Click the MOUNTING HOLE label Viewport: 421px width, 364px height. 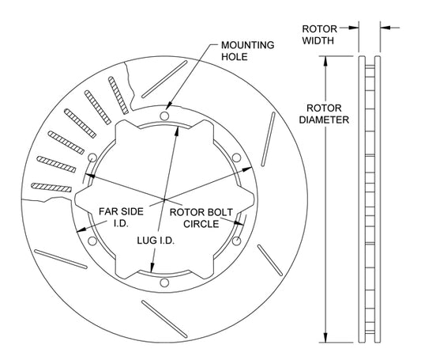pyautogui.click(x=247, y=51)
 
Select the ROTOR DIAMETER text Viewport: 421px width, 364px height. pyautogui.click(x=324, y=114)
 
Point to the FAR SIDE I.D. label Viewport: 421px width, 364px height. pyautogui.click(x=121, y=218)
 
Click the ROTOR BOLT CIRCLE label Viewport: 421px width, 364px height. pyautogui.click(x=201, y=218)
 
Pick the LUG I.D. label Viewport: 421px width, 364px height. pyautogui.click(x=156, y=241)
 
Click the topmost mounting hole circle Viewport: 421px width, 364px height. pyautogui.click(x=164, y=116)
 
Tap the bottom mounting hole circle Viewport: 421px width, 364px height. pyautogui.click(x=164, y=282)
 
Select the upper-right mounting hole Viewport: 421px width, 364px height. pyautogui.click(x=236, y=157)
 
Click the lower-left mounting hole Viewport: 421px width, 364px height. pyautogui.click(x=92, y=241)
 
